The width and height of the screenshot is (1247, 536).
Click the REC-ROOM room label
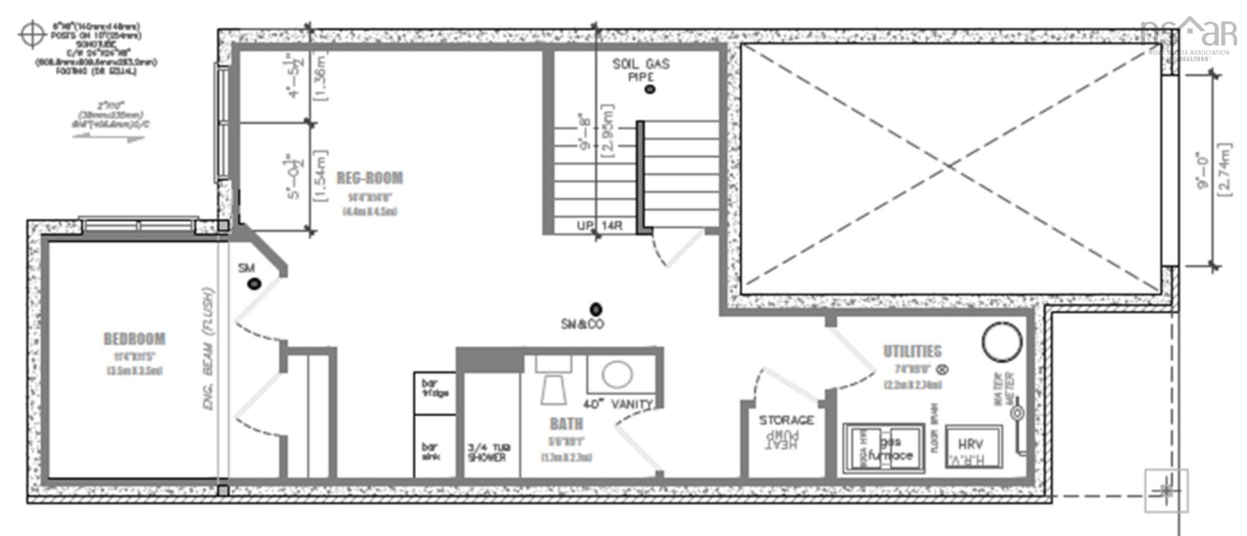point(370,178)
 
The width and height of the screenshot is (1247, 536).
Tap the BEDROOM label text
point(135,339)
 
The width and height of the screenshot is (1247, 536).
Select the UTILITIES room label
point(912,351)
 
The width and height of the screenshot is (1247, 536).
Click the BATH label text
point(566,424)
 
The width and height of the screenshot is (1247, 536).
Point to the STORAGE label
point(786,421)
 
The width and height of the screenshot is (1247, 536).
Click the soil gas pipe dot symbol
point(650,89)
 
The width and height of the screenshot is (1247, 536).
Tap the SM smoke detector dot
point(254,284)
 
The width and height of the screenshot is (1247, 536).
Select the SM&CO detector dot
point(596,309)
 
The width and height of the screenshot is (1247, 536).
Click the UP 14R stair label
point(599,226)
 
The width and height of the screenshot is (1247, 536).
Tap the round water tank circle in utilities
point(1002,341)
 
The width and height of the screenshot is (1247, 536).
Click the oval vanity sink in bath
point(617,375)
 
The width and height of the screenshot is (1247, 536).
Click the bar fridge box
point(435,392)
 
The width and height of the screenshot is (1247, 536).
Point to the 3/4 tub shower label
point(488,452)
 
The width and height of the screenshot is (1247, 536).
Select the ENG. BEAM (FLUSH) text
point(209,349)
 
